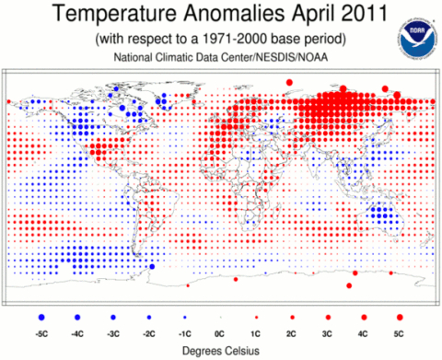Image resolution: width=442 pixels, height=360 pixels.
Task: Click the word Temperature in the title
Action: [114, 14]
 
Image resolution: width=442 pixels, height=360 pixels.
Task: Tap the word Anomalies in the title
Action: [234, 14]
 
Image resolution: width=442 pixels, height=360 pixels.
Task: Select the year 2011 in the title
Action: [364, 14]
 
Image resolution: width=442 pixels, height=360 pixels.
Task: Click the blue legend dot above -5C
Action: [41, 318]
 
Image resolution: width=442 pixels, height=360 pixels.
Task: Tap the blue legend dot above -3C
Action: [113, 318]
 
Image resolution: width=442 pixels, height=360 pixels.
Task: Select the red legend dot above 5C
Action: [400, 318]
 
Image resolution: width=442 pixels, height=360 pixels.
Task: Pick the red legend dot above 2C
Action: [292, 318]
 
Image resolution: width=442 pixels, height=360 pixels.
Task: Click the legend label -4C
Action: [77, 333]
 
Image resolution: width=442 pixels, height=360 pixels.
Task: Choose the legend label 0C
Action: [220, 333]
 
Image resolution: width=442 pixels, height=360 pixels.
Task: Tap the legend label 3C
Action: [327, 333]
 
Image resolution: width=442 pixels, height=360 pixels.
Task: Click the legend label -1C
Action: [184, 333]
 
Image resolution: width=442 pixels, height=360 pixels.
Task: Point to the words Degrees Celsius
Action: [221, 351]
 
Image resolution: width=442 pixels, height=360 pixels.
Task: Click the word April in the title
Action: [312, 14]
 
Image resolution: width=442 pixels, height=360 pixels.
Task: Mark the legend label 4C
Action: [363, 333]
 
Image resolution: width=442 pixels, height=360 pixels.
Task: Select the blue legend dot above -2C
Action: [149, 318]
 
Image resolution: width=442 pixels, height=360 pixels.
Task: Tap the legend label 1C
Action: [255, 333]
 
